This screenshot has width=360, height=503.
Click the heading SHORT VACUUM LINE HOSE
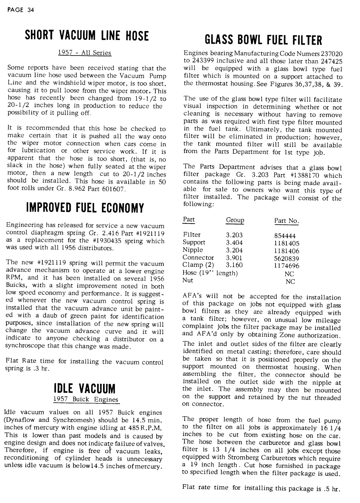[x=86, y=36]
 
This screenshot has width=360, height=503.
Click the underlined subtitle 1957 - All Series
[x=85, y=53]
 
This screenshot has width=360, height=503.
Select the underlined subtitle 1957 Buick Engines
[x=85, y=399]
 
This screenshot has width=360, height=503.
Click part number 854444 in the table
[x=285, y=235]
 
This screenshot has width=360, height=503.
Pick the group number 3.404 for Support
[x=234, y=243]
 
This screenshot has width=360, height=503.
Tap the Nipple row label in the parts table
[x=193, y=250]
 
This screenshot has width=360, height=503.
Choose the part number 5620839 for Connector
[x=287, y=258]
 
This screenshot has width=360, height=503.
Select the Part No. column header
[x=287, y=221]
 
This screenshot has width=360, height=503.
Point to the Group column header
[x=235, y=221]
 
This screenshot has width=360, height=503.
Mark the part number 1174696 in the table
[x=287, y=266]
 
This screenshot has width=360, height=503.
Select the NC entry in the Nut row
[x=290, y=281]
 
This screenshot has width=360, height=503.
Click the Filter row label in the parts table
[x=192, y=235]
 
